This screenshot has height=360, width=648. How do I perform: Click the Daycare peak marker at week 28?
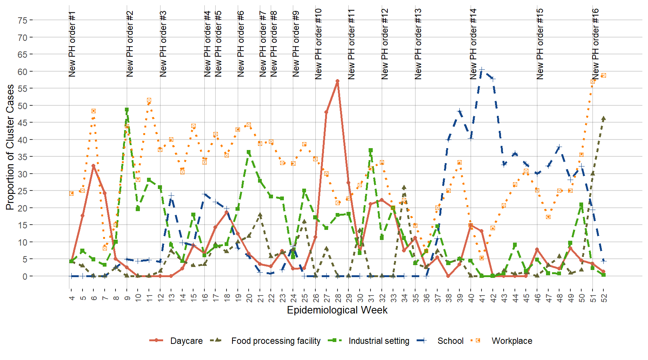(337, 81)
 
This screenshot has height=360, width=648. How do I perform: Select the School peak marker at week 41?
(482, 69)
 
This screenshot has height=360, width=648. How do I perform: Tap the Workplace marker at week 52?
(604, 75)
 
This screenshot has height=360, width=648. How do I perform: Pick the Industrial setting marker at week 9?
(127, 110)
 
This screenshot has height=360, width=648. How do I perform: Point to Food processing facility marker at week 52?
(604, 118)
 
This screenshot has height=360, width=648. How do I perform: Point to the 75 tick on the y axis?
(22, 20)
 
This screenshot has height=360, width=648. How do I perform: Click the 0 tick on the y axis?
(25, 276)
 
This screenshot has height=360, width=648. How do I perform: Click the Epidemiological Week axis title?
(337, 310)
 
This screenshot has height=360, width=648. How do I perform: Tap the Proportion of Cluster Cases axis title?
(10, 147)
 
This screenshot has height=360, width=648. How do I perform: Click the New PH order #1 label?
(72, 44)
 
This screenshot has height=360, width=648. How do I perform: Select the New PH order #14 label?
(473, 44)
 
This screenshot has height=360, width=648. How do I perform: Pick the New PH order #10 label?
(318, 44)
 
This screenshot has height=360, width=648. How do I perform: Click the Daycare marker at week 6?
(93, 166)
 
